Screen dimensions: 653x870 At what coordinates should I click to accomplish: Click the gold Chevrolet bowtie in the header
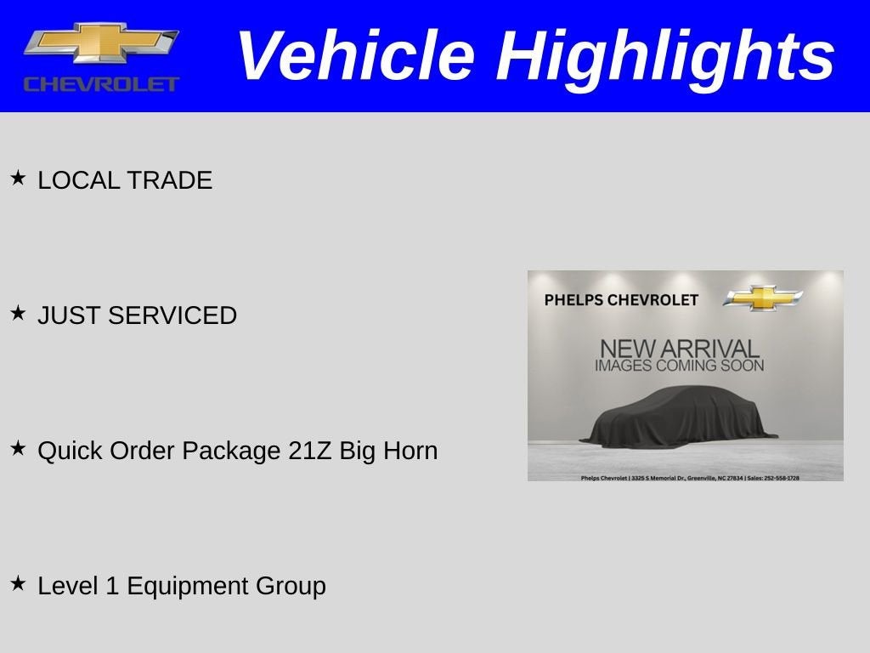(x=101, y=43)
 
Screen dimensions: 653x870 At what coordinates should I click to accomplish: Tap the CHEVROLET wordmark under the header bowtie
(x=101, y=83)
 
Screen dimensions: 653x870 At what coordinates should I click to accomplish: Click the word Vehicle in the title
(x=354, y=56)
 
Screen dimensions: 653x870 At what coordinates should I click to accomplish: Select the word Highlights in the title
(x=665, y=56)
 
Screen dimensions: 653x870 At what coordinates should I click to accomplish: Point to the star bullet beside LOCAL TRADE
(x=18, y=178)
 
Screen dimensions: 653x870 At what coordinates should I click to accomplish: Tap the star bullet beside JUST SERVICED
(x=18, y=313)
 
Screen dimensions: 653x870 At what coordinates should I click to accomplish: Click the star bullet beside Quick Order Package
(x=18, y=448)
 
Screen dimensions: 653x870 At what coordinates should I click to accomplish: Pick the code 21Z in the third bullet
(x=310, y=451)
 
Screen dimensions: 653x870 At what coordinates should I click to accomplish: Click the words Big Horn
(x=388, y=451)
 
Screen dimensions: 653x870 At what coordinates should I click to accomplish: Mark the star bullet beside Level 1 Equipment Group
(x=18, y=583)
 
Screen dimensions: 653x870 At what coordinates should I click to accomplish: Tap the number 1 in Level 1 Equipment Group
(x=110, y=586)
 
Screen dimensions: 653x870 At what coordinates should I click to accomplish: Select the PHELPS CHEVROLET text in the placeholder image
(x=621, y=300)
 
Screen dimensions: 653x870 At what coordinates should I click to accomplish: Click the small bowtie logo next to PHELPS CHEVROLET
(x=762, y=298)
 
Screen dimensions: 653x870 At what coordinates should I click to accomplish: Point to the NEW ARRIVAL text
(x=679, y=349)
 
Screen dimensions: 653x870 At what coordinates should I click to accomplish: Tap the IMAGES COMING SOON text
(x=679, y=366)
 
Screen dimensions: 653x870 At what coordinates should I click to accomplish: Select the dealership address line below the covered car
(x=689, y=478)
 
